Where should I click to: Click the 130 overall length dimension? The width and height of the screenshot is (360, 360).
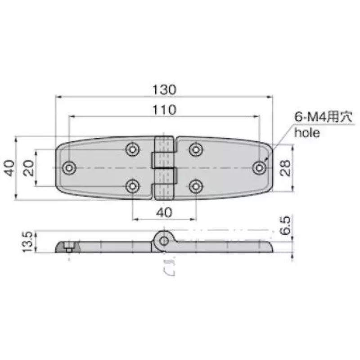pos(164,89)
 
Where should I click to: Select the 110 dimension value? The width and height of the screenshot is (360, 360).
pos(164,109)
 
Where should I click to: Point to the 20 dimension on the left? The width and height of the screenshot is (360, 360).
pos(28,168)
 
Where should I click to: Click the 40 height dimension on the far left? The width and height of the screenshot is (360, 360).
pos(10,168)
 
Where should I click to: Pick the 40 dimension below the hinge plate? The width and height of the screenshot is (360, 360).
pos(164,212)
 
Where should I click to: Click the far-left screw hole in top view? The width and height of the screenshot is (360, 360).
pos(69,167)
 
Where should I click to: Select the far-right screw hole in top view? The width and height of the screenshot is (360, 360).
pos(259,167)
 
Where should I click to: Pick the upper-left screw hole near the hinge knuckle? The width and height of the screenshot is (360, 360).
pos(132,149)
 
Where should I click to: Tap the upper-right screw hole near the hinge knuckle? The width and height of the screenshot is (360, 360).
pos(196,149)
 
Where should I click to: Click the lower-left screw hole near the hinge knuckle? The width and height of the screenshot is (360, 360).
pos(132,185)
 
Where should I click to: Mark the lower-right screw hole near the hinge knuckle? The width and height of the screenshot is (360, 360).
pos(196,185)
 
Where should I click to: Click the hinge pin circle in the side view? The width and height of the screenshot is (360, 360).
pos(164,241)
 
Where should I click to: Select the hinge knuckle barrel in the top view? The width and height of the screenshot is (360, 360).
pos(164,167)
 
